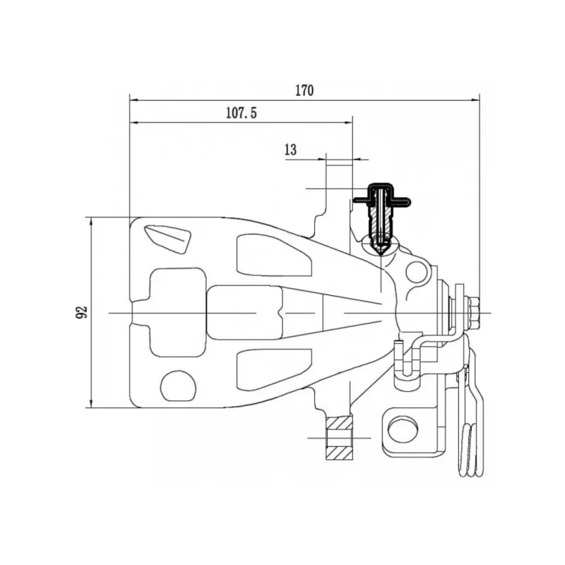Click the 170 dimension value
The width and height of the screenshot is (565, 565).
pyautogui.click(x=304, y=90)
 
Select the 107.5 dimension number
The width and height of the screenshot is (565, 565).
pyautogui.click(x=242, y=113)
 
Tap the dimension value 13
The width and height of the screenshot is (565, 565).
pyautogui.click(x=290, y=150)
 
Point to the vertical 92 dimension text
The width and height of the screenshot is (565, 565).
pyautogui.click(x=82, y=312)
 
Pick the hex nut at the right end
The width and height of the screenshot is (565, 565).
pyautogui.click(x=475, y=313)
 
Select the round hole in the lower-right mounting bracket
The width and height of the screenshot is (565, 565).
pyautogui.click(x=403, y=428)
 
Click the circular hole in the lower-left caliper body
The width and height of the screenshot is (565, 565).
pyautogui.click(x=178, y=386)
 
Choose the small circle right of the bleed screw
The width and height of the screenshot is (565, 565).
pyautogui.click(x=416, y=272)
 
